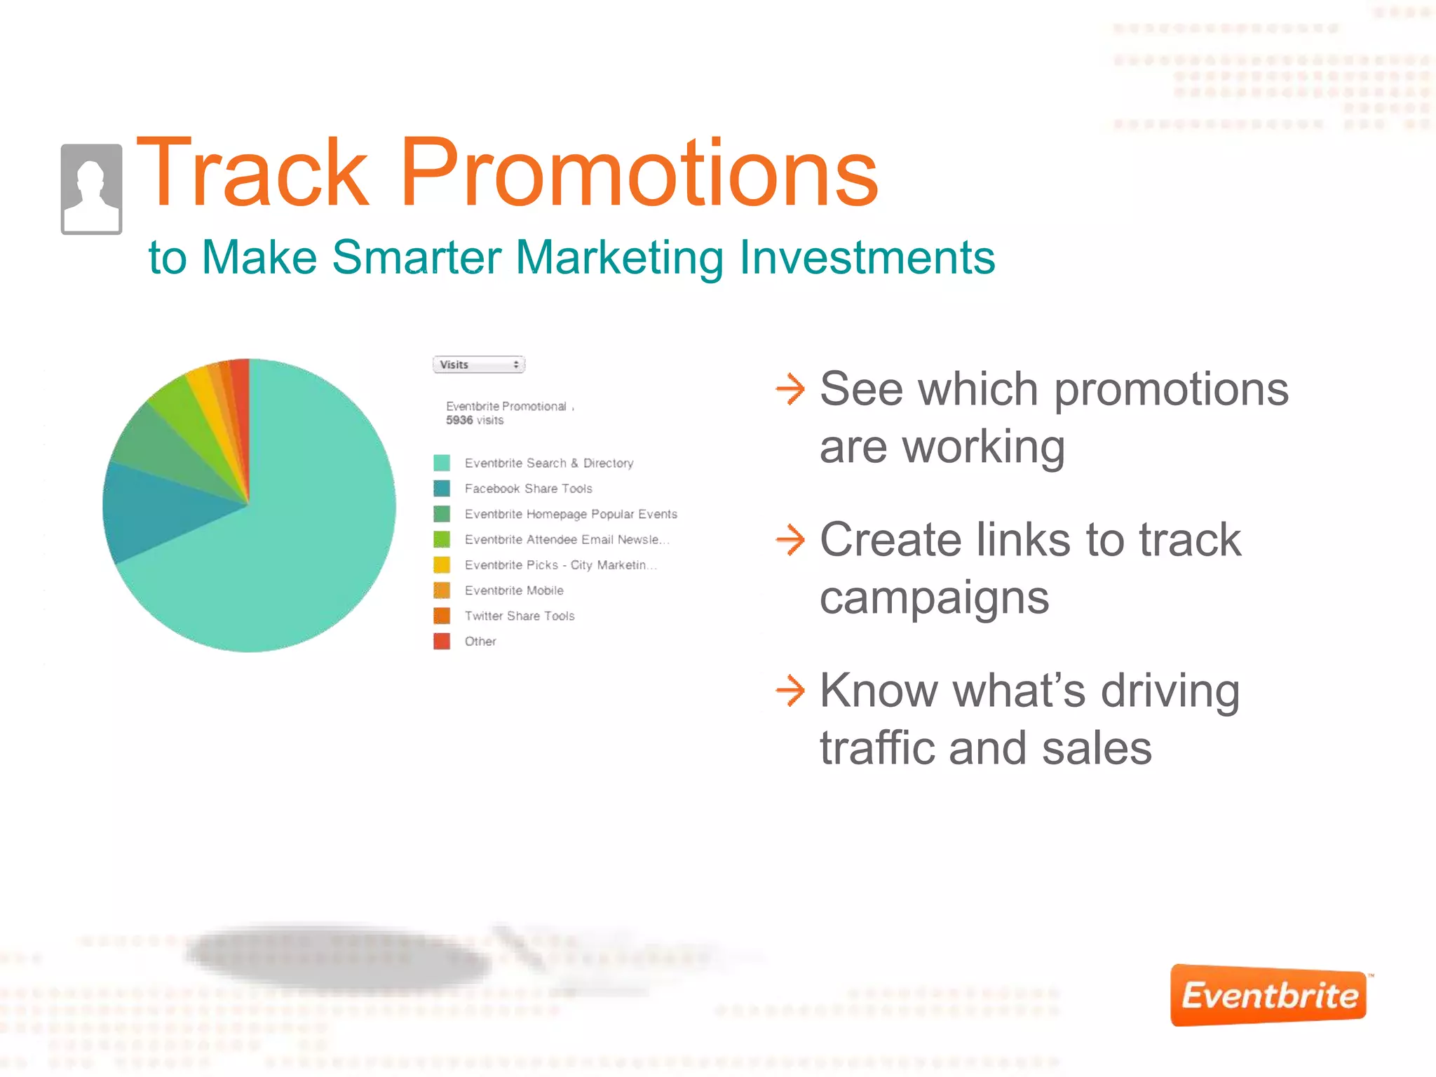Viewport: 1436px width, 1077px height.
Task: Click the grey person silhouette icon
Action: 91,189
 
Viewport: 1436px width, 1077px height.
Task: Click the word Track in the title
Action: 252,173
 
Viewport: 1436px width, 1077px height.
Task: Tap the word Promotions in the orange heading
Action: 638,173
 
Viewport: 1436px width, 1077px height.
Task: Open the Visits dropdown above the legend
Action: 479,365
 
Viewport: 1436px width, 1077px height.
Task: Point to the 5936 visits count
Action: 474,420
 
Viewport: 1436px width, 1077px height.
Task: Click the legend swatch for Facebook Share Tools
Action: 442,488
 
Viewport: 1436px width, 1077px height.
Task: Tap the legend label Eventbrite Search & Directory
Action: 549,463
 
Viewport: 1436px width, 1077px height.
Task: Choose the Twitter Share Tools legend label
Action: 520,616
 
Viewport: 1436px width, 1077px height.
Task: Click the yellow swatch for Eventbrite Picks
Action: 442,564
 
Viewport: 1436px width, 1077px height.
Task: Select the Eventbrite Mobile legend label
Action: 514,590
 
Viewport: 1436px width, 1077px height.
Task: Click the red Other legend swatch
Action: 442,641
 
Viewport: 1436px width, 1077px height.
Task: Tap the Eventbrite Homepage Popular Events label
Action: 571,514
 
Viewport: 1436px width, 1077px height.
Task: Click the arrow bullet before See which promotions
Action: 790,389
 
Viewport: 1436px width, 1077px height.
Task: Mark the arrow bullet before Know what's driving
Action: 790,691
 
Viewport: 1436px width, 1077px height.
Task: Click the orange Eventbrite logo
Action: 1268,996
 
